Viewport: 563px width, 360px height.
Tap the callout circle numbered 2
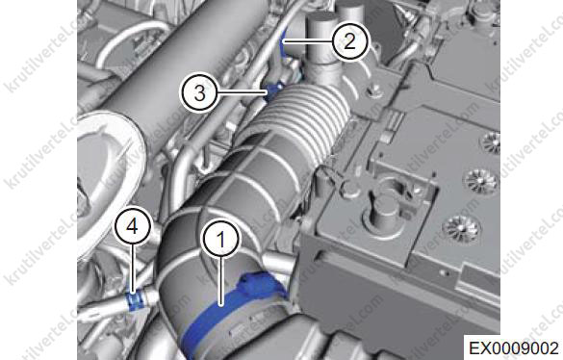pos(349,41)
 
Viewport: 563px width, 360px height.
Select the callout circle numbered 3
pos(200,93)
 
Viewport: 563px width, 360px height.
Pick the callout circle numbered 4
pos(133,227)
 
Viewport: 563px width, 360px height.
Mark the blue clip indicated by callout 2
pos(284,45)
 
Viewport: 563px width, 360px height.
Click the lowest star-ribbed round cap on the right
pos(461,228)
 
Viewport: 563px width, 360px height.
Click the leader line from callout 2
pos(307,41)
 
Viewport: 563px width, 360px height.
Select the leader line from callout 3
pos(243,92)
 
